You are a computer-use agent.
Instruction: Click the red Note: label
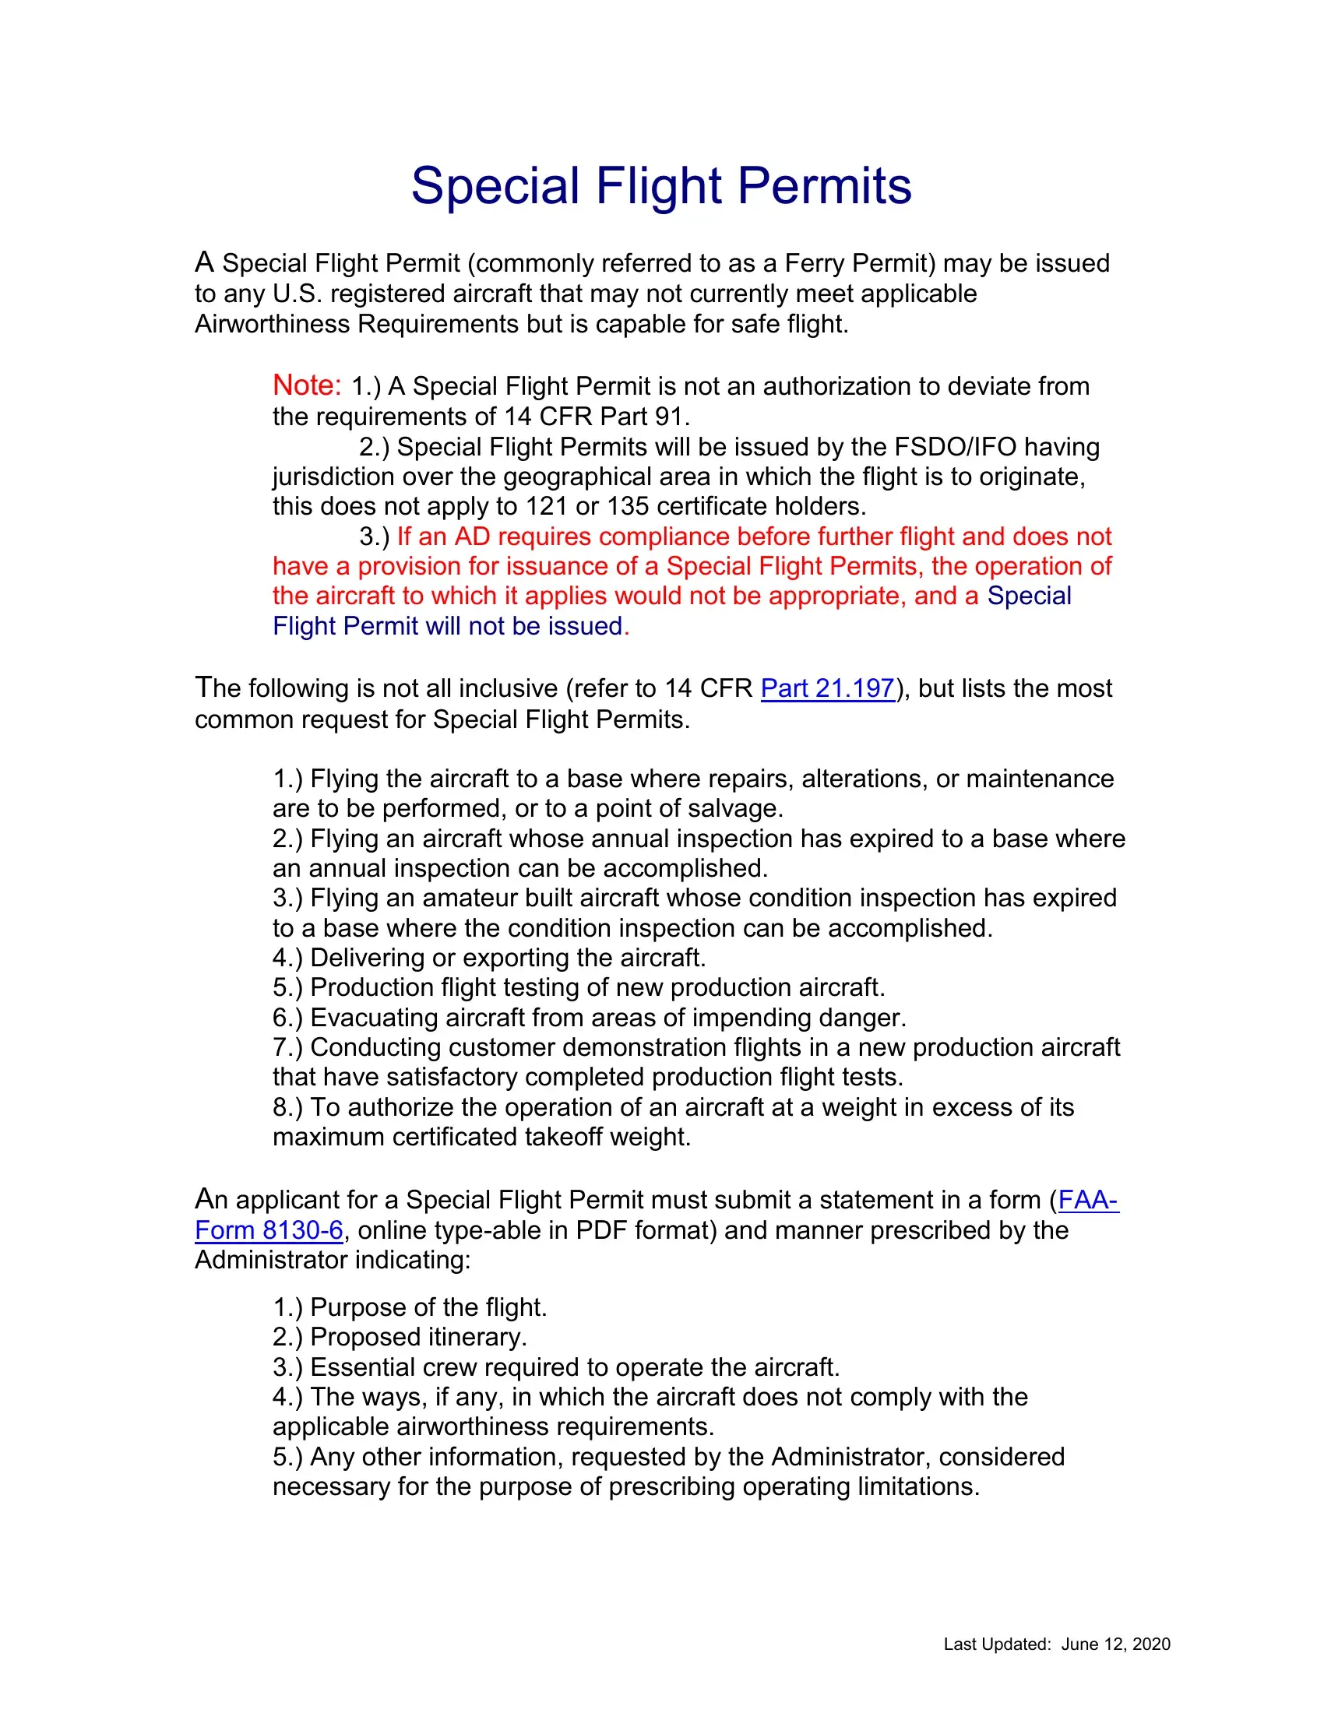307,385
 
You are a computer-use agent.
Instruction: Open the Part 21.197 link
827,688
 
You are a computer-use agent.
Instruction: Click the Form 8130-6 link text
269,1229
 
